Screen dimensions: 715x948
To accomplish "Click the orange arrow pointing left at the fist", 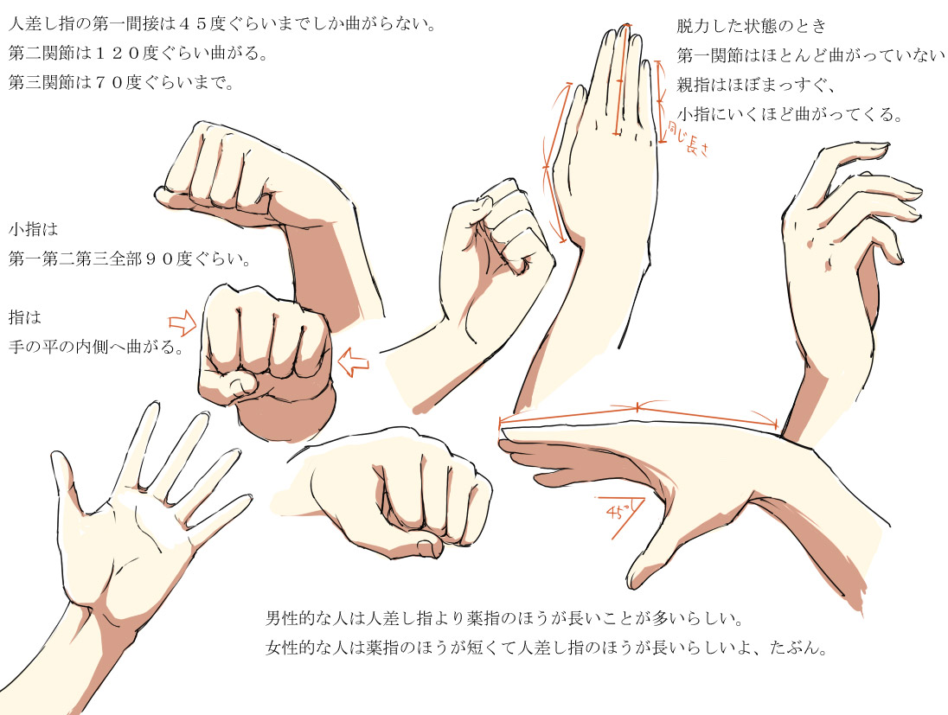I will click(354, 362).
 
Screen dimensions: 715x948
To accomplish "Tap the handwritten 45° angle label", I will click(618, 511).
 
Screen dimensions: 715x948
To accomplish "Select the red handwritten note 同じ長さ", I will click(689, 138).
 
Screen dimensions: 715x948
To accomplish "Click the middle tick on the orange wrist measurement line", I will click(637, 406).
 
